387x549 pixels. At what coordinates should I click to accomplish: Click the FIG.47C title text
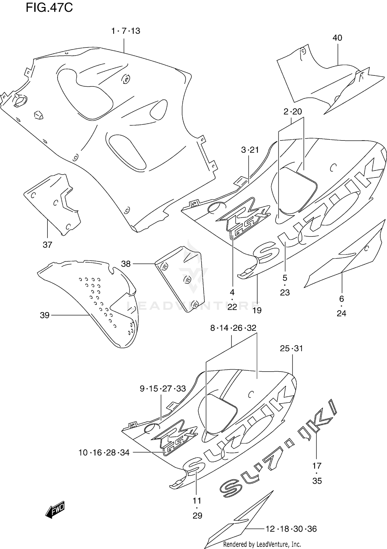pos(49,8)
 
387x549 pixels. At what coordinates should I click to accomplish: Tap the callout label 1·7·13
pos(126,31)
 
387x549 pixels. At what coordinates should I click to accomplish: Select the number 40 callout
pos(337,38)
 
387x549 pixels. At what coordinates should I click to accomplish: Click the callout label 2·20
pos(293,112)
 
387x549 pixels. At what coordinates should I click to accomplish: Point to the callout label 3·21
pos(250,150)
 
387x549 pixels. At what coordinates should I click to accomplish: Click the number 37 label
pos(47,245)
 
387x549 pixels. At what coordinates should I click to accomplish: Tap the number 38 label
pos(126,264)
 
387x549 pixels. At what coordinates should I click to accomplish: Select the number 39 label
pos(45,315)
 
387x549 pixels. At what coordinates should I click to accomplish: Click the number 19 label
pos(257,310)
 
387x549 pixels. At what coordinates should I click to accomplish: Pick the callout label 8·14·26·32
pos(233,328)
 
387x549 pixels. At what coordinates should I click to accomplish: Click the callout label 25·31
pos(291,348)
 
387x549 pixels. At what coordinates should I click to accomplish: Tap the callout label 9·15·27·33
pos(163,388)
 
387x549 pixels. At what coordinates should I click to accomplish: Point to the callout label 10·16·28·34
pos(104,452)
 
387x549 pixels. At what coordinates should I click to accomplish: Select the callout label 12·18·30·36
pos(291,529)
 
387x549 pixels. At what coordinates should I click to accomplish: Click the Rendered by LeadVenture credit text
pos(262,545)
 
